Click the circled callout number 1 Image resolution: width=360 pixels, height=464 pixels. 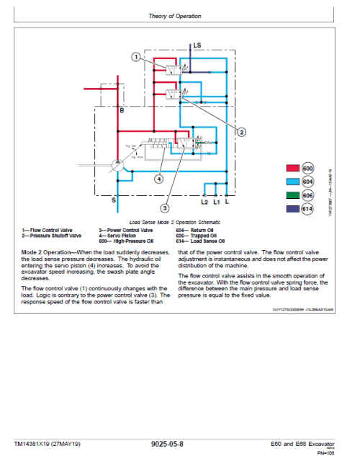pyautogui.click(x=135, y=56)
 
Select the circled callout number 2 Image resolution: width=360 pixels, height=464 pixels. pyautogui.click(x=242, y=132)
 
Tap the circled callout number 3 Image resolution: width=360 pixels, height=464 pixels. pyautogui.click(x=165, y=208)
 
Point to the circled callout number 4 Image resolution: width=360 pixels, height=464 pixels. pyautogui.click(x=160, y=179)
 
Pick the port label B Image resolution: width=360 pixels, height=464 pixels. pyautogui.click(x=122, y=111)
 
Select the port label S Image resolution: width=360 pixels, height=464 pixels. pyautogui.click(x=114, y=200)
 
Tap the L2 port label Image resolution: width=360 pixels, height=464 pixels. pyautogui.click(x=204, y=202)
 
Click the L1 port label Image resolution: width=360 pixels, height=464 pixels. pyautogui.click(x=216, y=202)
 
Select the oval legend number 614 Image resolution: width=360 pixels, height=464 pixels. pyautogui.click(x=308, y=209)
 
